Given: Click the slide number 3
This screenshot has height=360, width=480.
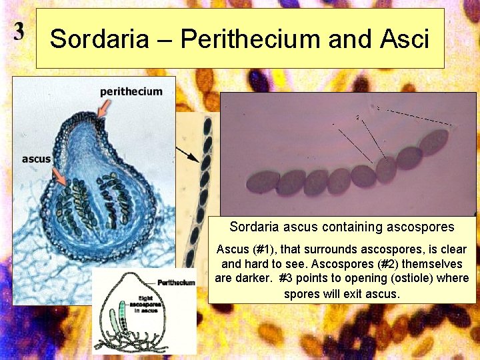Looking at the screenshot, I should (x=19, y=31).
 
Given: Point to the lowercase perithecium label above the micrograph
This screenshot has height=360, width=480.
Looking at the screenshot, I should (x=131, y=91).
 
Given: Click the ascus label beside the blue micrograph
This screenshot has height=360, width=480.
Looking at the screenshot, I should (x=36, y=159).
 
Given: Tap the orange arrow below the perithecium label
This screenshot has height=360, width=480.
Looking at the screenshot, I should (x=101, y=110).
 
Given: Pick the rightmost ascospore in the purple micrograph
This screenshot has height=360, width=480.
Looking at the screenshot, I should (x=433, y=142).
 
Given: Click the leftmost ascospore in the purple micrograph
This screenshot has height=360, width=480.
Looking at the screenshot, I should (x=263, y=182).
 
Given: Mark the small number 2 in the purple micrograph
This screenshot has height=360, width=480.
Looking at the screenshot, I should (x=358, y=118).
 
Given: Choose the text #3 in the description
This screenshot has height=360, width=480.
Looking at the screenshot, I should (x=288, y=278).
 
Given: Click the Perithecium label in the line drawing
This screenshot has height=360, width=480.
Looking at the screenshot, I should (x=177, y=282).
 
